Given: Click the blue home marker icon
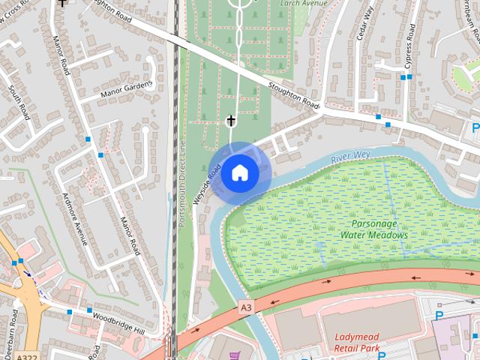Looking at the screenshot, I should [239, 173].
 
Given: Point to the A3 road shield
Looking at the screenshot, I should [246, 307].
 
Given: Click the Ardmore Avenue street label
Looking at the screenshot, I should [75, 219].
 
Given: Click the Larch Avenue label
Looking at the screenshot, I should [304, 3].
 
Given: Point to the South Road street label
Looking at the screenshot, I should [18, 103].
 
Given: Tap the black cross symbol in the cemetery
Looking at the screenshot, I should [232, 121].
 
